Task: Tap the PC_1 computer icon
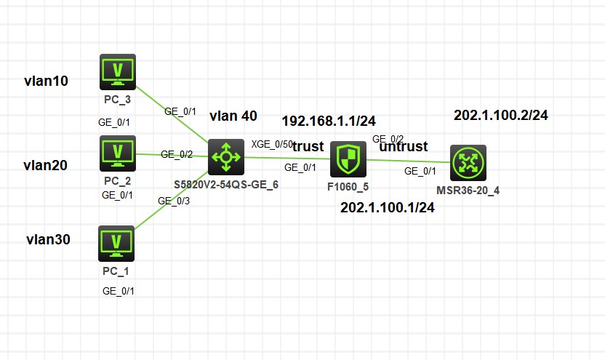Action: pyautogui.click(x=116, y=243)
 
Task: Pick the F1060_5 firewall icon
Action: pyautogui.click(x=348, y=160)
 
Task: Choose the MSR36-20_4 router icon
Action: pyautogui.click(x=468, y=163)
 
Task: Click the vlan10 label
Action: pyautogui.click(x=46, y=81)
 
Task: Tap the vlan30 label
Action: pyautogui.click(x=48, y=239)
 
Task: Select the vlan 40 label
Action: pyautogui.click(x=233, y=116)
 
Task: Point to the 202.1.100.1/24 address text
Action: pyautogui.click(x=388, y=208)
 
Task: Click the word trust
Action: pyautogui.click(x=308, y=146)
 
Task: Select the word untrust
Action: pyautogui.click(x=404, y=146)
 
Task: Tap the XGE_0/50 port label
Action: pyautogui.click(x=271, y=144)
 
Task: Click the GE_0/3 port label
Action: pyautogui.click(x=173, y=201)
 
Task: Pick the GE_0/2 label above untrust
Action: pyautogui.click(x=388, y=138)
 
